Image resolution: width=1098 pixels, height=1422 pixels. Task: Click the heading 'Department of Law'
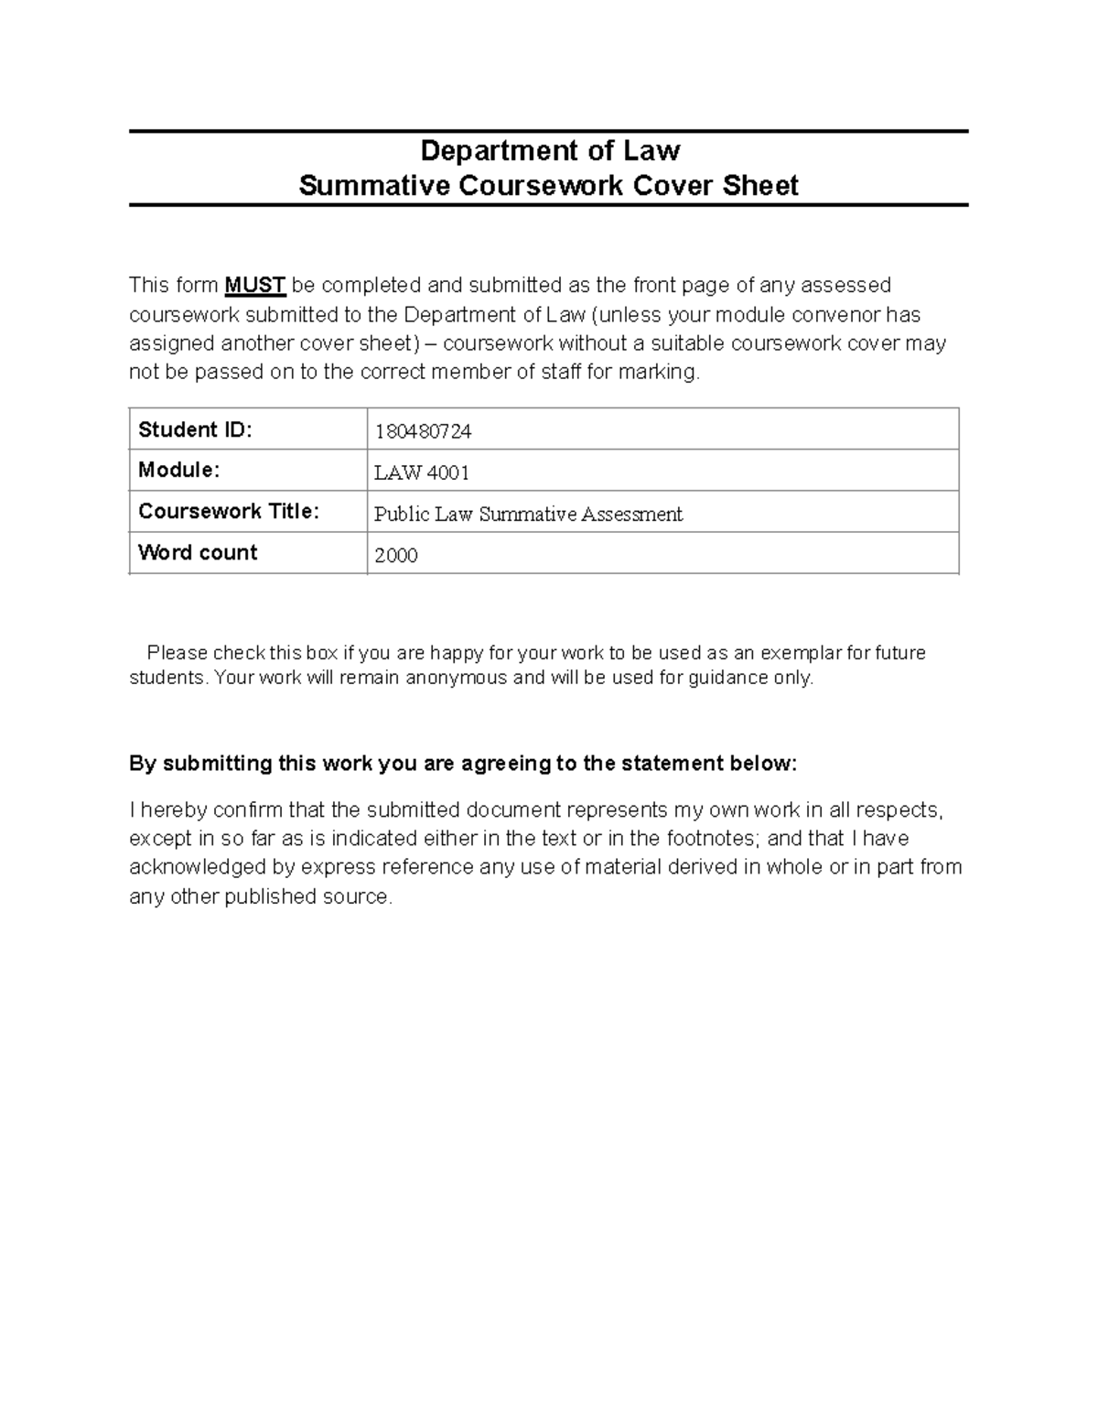549,150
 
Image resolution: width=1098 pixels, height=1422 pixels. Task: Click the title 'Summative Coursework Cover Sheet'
548,186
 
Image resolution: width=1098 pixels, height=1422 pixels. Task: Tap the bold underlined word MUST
255,286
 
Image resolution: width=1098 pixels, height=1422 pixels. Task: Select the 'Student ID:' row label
194,429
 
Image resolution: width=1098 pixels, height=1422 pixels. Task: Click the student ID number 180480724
423,431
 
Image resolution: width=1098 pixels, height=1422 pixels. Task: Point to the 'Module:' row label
178,471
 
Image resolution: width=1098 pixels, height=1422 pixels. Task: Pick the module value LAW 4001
422,473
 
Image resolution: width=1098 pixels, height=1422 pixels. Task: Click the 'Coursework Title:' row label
229,511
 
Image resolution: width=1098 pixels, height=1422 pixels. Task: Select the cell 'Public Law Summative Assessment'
528,515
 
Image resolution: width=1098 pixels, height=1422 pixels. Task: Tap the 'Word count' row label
198,552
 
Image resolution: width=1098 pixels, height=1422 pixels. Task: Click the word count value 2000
396,556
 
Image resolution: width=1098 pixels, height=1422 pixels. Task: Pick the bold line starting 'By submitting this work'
463,764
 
